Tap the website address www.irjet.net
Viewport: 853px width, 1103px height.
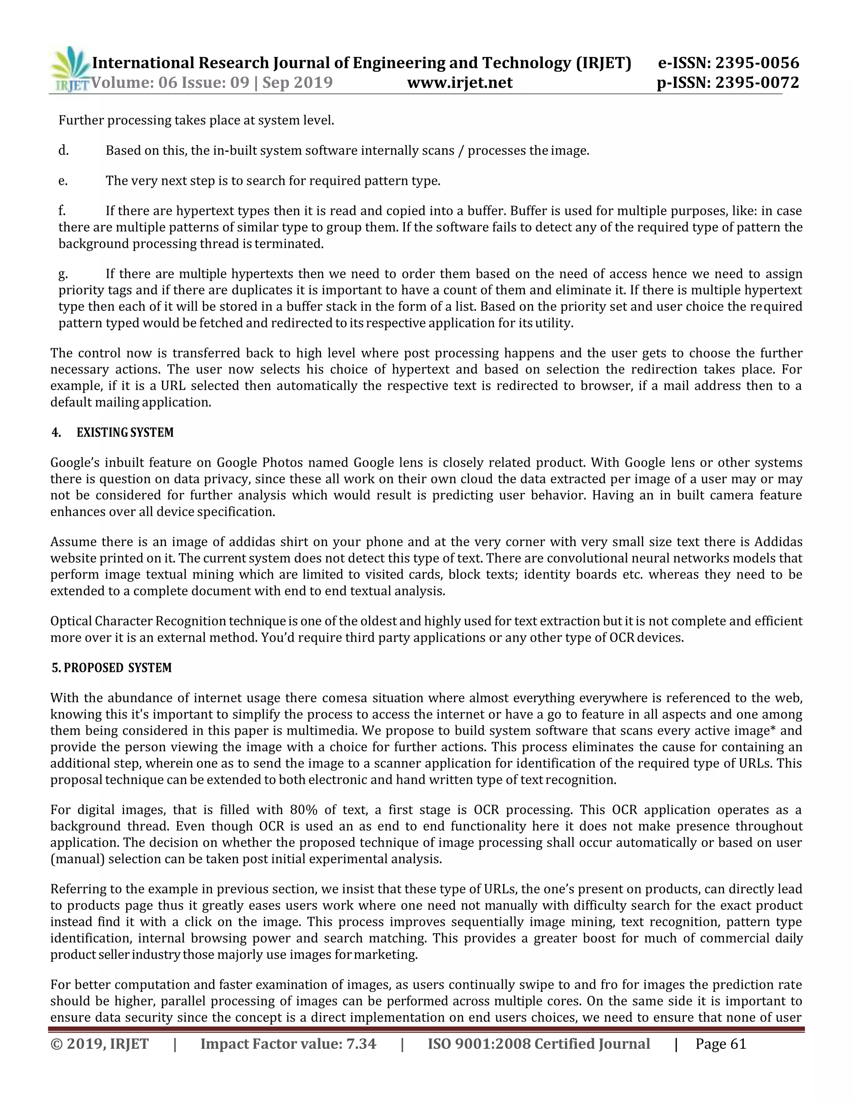click(460, 82)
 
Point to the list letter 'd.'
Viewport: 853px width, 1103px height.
click(64, 151)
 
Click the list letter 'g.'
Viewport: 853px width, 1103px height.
click(63, 274)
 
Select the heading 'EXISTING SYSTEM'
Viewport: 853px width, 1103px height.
click(125, 433)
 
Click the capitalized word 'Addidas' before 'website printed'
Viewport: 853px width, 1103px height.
click(778, 542)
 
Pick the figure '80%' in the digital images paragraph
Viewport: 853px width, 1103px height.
click(304, 810)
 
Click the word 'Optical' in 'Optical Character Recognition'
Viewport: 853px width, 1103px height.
click(71, 621)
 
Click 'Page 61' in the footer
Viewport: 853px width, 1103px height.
click(721, 1044)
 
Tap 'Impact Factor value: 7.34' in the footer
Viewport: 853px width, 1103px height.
click(288, 1044)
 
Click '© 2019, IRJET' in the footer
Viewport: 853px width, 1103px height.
click(100, 1044)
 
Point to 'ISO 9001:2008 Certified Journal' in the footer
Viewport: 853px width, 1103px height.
click(539, 1044)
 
